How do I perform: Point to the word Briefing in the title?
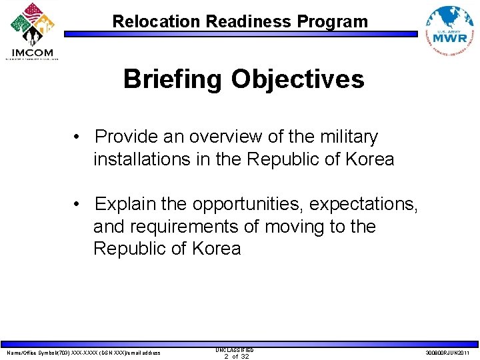pyautogui.click(x=173, y=79)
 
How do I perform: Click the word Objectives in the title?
pyautogui.click(x=297, y=79)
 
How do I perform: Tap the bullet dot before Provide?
pyautogui.click(x=78, y=137)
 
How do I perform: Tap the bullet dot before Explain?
pyautogui.click(x=78, y=204)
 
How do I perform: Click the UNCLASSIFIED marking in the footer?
pyautogui.click(x=234, y=349)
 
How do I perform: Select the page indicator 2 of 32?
pyautogui.click(x=236, y=357)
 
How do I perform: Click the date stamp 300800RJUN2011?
pyautogui.click(x=447, y=353)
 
